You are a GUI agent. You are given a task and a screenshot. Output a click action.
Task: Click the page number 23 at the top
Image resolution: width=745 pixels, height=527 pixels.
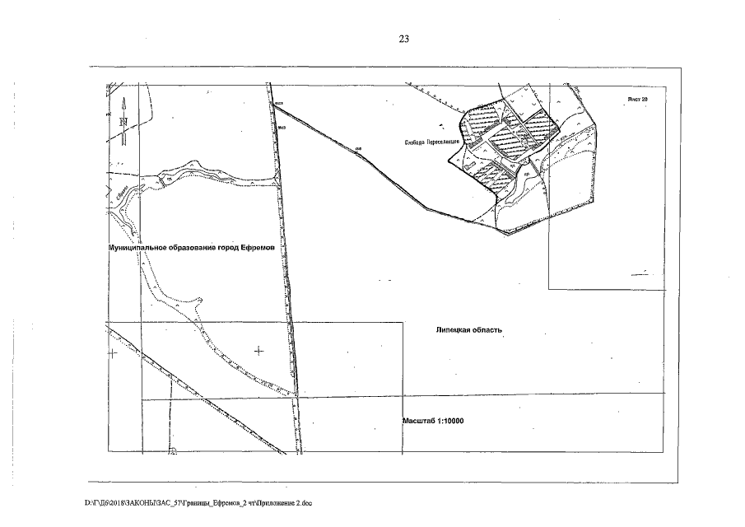[x=403, y=40]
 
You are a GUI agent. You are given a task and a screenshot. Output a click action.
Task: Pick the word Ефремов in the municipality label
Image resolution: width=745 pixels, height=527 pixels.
[x=267, y=247]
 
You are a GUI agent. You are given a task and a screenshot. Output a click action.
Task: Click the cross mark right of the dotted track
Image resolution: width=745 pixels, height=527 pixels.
[x=259, y=351]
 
